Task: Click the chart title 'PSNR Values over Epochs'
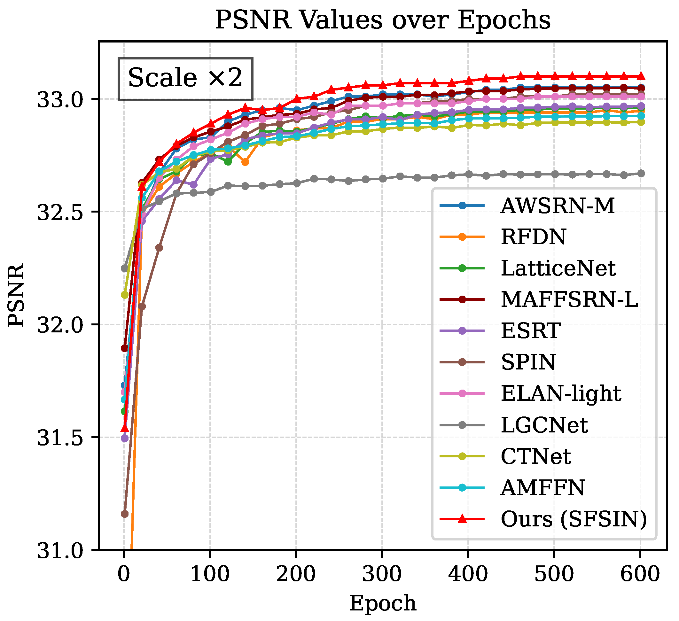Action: tap(383, 20)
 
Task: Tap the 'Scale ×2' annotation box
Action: tap(185, 79)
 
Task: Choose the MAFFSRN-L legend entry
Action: tap(569, 300)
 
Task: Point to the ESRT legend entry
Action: tap(530, 331)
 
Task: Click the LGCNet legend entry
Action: tap(544, 425)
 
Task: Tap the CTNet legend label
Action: tap(536, 457)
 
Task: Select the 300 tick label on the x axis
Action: tap(382, 574)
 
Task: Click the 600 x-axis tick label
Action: tap(640, 574)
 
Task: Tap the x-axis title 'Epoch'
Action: tap(383, 603)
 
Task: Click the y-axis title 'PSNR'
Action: tap(16, 295)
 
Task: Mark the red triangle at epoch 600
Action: tap(640, 76)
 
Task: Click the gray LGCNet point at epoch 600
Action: tap(640, 174)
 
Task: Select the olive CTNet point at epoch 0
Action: tap(125, 295)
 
